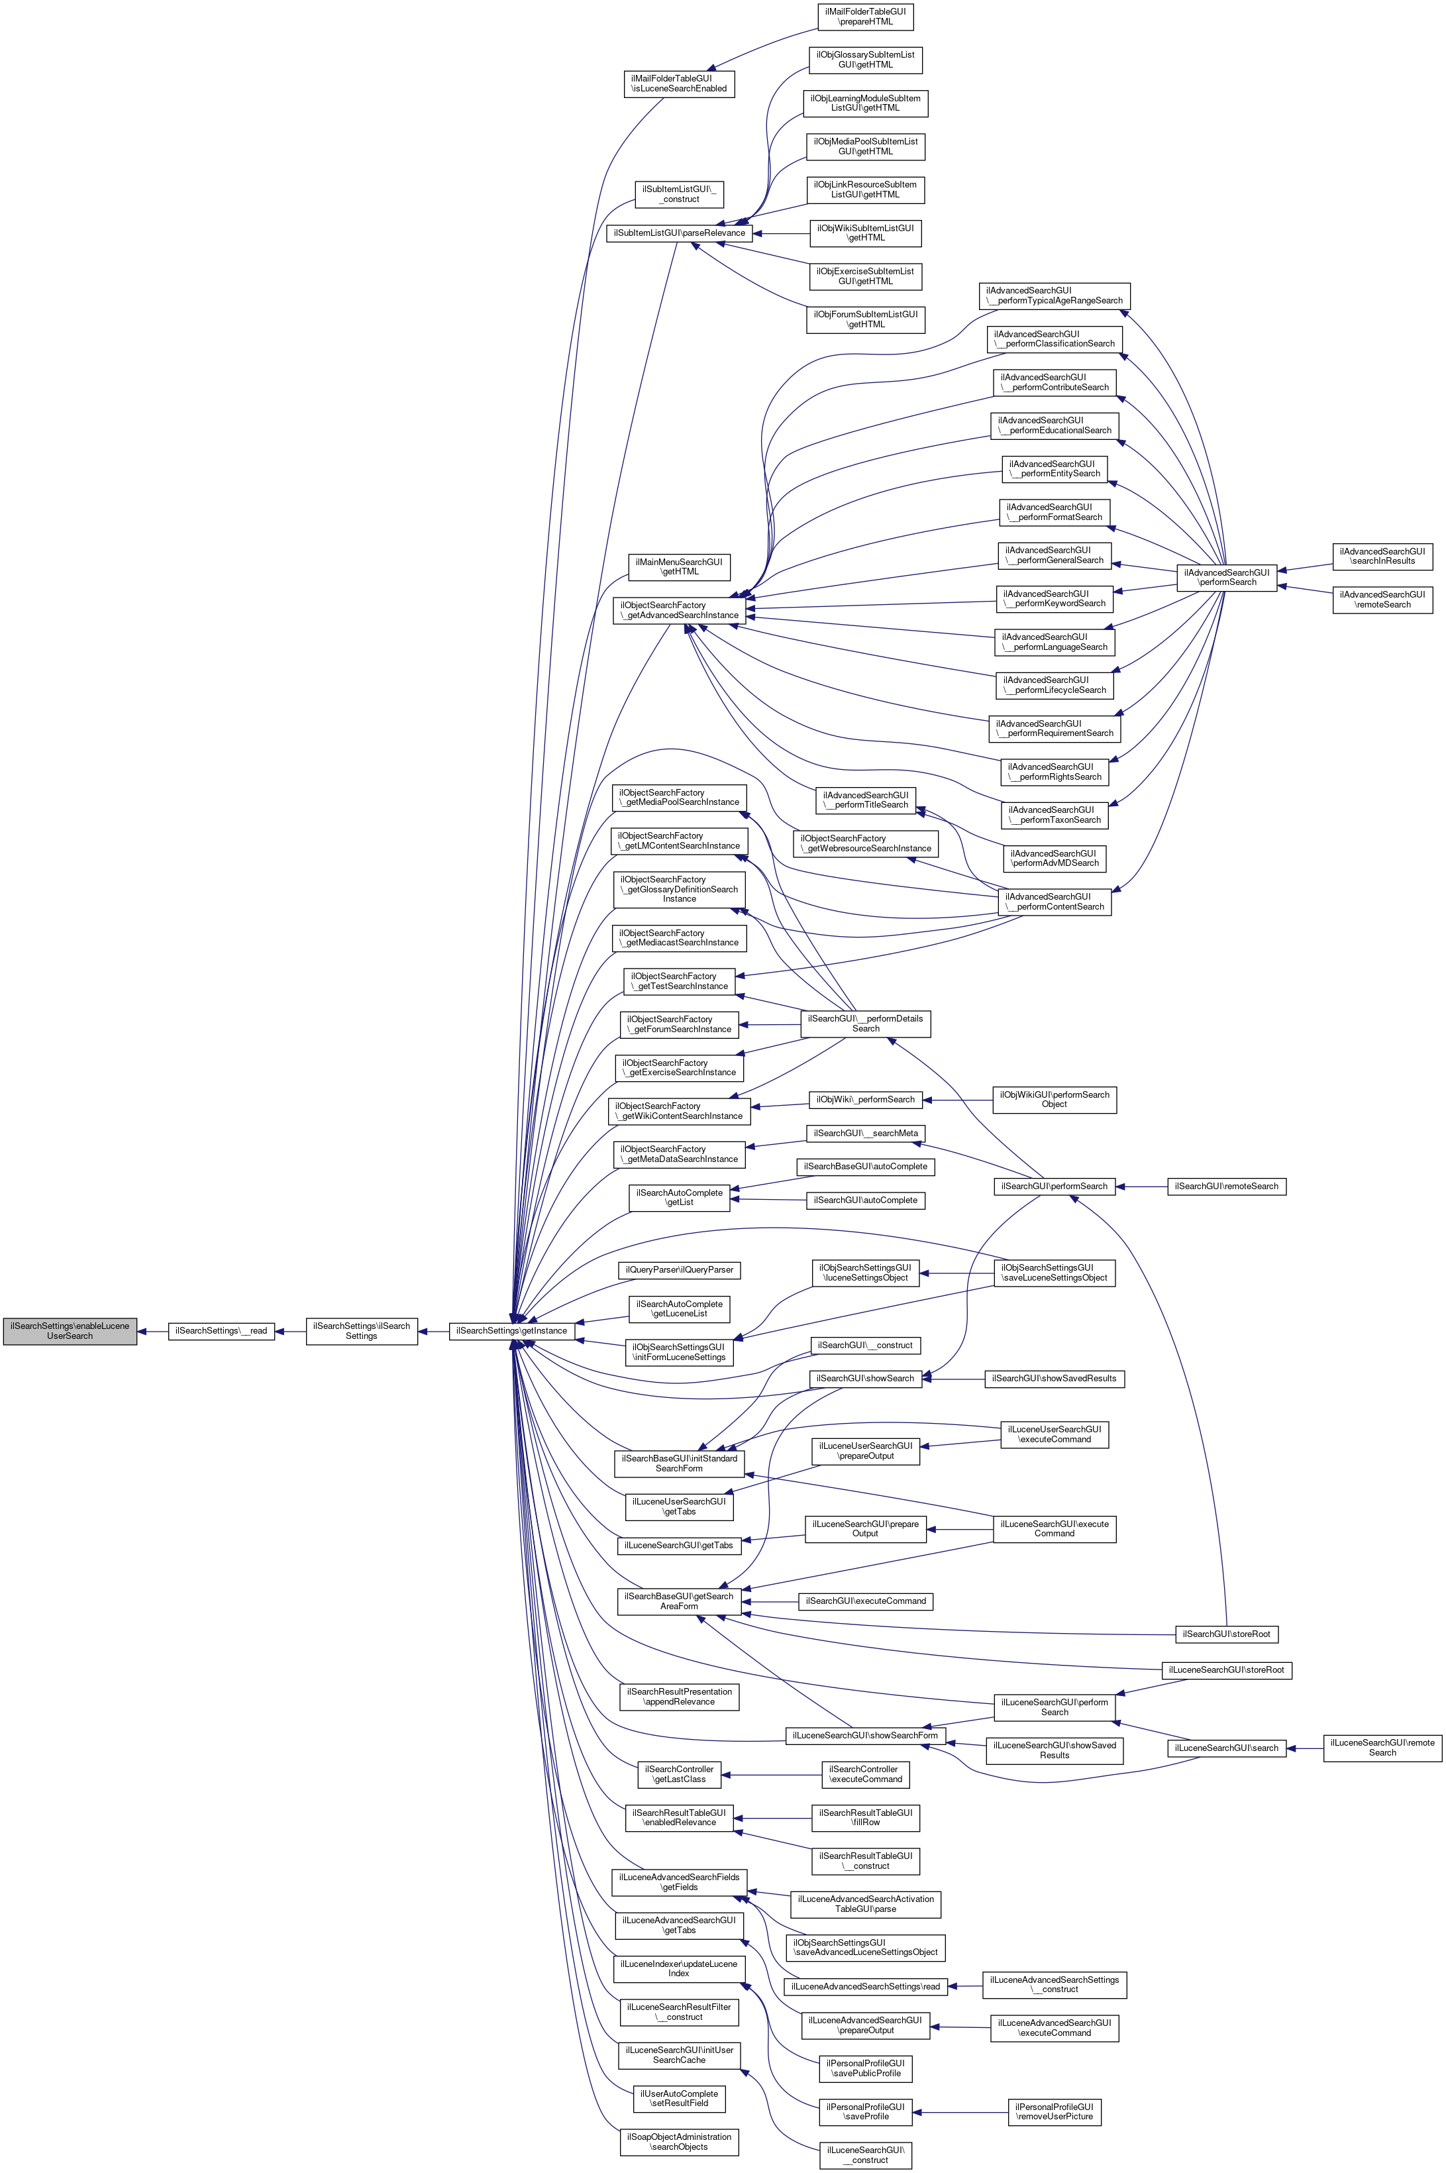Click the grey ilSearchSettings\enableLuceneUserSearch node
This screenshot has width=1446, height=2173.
tap(70, 1331)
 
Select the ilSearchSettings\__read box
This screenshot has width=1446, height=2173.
tap(221, 1331)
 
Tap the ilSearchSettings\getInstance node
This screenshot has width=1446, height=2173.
tap(511, 1331)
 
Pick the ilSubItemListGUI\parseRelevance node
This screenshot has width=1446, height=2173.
tap(679, 233)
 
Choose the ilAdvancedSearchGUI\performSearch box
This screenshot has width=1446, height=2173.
tap(1227, 578)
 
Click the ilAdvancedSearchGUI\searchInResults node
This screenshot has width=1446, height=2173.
tap(1382, 556)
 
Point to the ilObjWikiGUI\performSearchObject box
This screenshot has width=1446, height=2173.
tap(1053, 1099)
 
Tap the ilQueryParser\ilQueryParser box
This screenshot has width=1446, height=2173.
tap(680, 1270)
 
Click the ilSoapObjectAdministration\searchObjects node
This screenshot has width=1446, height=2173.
tap(679, 2142)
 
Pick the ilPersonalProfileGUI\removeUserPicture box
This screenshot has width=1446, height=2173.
tap(1054, 2111)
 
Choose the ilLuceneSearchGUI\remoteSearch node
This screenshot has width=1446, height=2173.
tap(1382, 1748)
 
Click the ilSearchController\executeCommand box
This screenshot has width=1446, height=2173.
tap(865, 1774)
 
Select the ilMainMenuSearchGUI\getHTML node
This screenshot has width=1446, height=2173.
tap(680, 566)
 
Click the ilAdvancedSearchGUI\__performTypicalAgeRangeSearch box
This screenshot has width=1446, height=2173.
tap(1054, 296)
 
